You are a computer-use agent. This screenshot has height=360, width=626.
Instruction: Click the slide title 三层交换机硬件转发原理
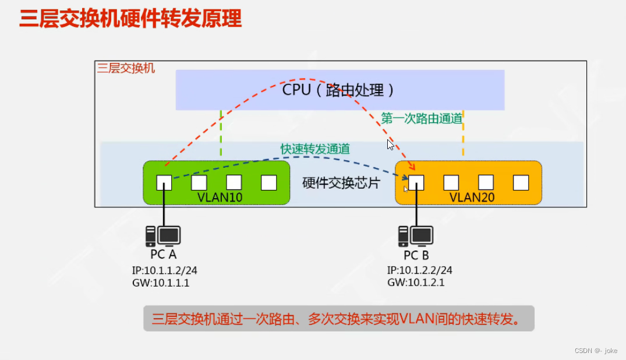coord(130,19)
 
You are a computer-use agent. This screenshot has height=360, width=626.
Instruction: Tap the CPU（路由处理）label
coord(339,90)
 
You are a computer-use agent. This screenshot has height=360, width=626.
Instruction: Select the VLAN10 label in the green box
coord(220,197)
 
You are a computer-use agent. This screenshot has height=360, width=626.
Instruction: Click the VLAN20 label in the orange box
coord(472,197)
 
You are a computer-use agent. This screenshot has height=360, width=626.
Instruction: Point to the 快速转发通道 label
coord(315,149)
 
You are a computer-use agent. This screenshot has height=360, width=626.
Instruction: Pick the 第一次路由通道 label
coord(422,118)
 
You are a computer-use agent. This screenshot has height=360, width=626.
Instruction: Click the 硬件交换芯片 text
coord(341,183)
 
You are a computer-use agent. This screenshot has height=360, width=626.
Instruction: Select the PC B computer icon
coord(416,236)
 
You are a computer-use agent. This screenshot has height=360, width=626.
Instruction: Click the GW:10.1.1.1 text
coord(161,283)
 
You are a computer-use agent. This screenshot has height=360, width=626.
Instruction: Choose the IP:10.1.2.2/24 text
coord(419,270)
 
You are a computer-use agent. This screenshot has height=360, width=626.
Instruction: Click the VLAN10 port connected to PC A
coord(164,183)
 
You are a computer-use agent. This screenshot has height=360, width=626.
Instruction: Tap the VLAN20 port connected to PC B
coord(416,183)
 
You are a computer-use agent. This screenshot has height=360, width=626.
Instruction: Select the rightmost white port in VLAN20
coord(521,183)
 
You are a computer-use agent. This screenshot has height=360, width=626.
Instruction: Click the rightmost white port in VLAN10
coord(268,183)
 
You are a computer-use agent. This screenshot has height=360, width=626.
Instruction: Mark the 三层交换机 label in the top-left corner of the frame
coord(126,68)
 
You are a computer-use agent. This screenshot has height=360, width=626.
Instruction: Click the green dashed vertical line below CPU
coord(221,133)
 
